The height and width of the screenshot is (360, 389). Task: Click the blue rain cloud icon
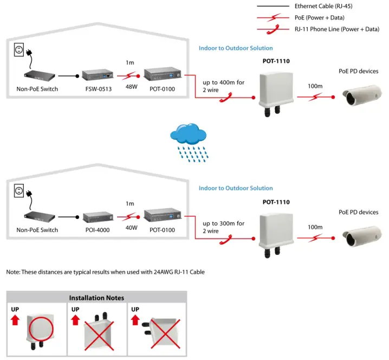coord(188,134)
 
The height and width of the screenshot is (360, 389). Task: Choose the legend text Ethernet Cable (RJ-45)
coord(328,7)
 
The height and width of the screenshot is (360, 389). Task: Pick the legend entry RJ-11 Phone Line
coord(336,29)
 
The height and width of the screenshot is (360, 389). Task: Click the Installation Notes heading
coord(96,298)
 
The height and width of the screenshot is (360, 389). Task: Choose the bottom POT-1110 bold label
coord(276,202)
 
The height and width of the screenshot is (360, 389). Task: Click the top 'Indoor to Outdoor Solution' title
coord(236,48)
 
